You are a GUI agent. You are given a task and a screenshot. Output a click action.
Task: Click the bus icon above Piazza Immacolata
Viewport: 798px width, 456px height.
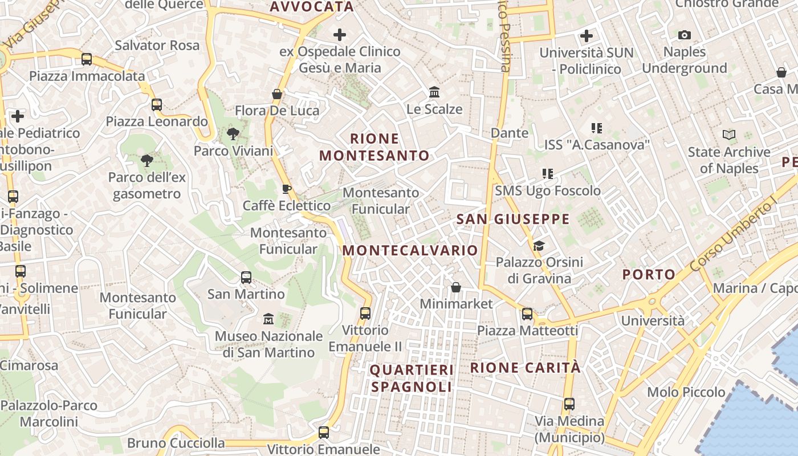[x=87, y=59]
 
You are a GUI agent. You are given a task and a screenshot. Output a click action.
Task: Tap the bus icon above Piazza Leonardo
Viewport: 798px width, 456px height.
[x=157, y=104]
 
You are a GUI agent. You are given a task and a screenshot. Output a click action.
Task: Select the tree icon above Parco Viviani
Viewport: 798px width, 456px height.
[x=233, y=134]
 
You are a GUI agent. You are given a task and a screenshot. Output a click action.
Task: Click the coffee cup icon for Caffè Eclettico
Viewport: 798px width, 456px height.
[x=287, y=189]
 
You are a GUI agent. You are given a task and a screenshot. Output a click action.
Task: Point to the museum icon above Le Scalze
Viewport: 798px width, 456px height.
[x=434, y=92]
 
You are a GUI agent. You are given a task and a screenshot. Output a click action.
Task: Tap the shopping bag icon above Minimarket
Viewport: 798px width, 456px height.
[x=456, y=287]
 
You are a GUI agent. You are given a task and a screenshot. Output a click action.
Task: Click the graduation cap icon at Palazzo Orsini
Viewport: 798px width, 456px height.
[x=539, y=246]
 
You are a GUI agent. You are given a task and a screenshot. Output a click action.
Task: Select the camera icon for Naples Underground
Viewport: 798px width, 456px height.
[x=685, y=35]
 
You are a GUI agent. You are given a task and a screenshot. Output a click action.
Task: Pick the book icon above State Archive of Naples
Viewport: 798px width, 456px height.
[x=729, y=135]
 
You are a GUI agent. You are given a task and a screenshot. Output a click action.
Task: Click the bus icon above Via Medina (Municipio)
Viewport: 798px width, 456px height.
[x=569, y=404]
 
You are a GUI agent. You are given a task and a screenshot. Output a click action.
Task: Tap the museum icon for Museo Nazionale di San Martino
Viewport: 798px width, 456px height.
[x=268, y=319]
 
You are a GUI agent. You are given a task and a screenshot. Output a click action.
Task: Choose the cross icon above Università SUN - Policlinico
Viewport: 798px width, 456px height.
[x=587, y=36]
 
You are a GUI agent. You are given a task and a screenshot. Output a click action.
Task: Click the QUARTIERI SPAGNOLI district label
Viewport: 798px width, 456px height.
[x=412, y=378]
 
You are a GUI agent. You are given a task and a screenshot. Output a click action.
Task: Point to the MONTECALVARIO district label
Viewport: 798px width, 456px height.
[x=410, y=250]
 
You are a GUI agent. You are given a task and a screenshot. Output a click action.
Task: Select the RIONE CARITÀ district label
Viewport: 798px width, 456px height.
[x=525, y=368]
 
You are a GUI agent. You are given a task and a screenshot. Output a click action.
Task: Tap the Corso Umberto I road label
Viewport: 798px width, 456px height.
[x=733, y=237]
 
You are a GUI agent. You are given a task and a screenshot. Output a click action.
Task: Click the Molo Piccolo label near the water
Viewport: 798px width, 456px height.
[x=686, y=392]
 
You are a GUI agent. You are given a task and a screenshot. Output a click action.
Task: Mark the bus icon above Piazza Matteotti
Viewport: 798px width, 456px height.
[x=527, y=313]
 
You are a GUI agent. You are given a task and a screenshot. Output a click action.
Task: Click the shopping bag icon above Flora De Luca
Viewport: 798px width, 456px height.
[x=277, y=93]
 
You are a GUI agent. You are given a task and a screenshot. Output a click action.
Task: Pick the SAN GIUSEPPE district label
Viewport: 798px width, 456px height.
[x=513, y=219]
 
